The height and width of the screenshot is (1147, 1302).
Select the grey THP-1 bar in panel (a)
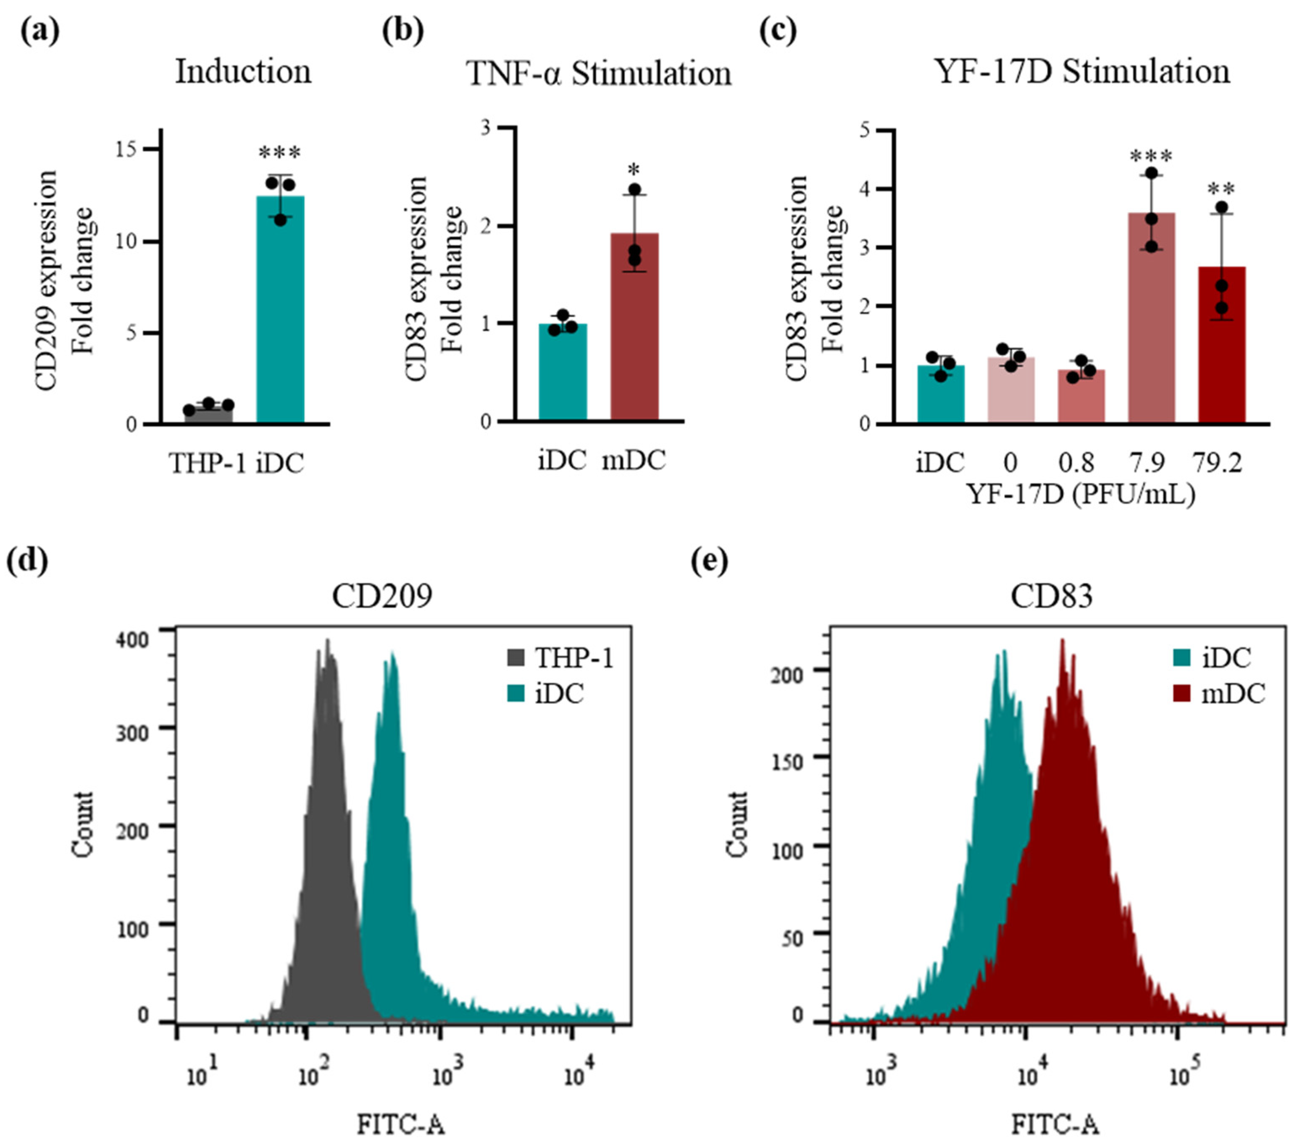click(209, 414)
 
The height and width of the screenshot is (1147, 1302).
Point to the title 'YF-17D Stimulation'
click(1081, 71)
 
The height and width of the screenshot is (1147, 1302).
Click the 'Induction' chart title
click(243, 71)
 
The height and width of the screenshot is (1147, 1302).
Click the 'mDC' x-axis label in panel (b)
click(634, 460)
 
